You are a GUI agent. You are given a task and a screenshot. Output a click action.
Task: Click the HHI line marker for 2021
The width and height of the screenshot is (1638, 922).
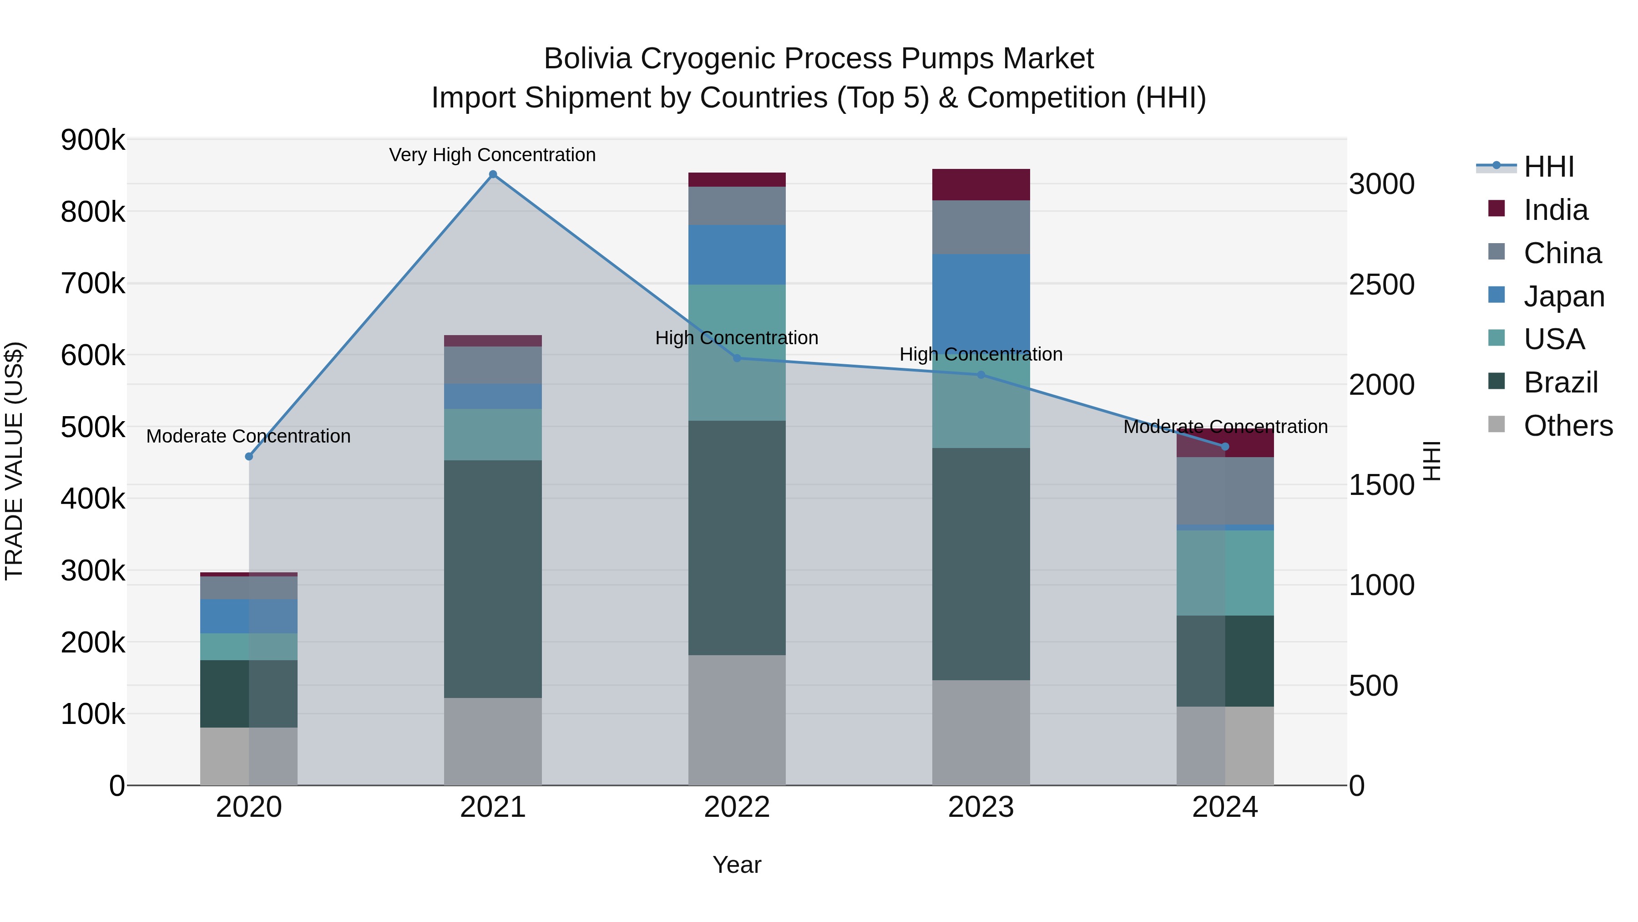click(x=493, y=174)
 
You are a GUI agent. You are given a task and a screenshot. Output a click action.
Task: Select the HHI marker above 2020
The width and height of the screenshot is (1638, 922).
click(x=248, y=456)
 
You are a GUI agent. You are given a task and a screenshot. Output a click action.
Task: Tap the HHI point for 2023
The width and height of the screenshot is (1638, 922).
click(x=981, y=375)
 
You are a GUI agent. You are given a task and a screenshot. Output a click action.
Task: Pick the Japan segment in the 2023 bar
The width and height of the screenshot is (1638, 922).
click(x=981, y=299)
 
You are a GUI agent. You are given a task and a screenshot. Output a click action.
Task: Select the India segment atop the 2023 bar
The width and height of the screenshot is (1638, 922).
click(x=981, y=184)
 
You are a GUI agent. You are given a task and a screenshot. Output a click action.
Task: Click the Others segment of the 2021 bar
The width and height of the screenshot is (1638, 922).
click(x=493, y=741)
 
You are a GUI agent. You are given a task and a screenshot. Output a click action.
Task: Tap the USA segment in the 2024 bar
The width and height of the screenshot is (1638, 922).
click(x=1225, y=573)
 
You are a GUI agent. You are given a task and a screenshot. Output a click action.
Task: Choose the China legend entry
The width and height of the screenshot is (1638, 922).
click(x=1562, y=253)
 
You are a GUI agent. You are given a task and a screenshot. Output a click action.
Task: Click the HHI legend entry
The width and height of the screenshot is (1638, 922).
click(x=1548, y=167)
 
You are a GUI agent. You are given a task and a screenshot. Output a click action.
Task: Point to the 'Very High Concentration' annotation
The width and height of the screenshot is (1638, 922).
click(x=492, y=155)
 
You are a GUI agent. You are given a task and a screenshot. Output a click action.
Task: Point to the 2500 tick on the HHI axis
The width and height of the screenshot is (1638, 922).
click(x=1381, y=285)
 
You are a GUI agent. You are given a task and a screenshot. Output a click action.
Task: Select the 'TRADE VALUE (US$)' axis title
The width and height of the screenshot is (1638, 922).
click(x=14, y=461)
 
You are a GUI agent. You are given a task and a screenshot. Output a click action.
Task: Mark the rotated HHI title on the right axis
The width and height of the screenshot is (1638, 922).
click(x=1431, y=461)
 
